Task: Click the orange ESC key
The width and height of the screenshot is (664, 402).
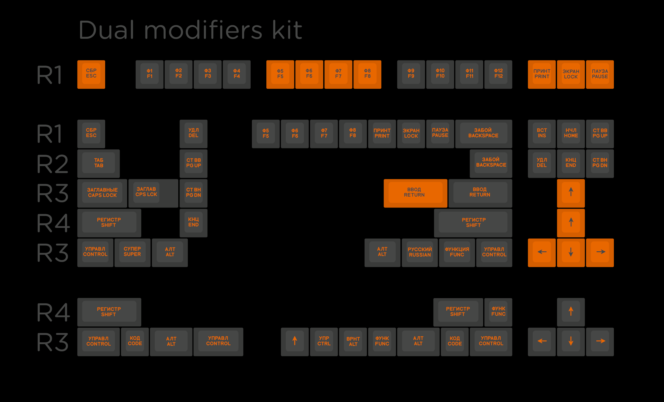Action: [x=91, y=74]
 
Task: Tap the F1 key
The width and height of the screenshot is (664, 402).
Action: [x=150, y=74]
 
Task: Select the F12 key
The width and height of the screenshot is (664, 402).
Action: [x=498, y=74]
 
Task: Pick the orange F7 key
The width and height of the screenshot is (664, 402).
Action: [x=338, y=74]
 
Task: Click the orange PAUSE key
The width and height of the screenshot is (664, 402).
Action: [x=600, y=74]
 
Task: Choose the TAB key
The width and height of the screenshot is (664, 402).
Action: [x=98, y=164]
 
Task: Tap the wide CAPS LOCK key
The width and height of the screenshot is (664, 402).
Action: [x=102, y=193]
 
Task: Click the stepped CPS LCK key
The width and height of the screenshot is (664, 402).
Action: [x=153, y=193]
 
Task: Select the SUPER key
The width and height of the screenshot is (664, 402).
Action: [x=132, y=253]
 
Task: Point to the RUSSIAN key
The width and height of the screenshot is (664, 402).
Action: [x=420, y=253]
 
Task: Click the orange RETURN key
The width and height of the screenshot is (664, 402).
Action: [x=415, y=193]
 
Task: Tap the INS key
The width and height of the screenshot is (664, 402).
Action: [x=542, y=134]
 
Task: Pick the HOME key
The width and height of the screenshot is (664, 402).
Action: [x=571, y=134]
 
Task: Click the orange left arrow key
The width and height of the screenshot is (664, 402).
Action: [x=542, y=253]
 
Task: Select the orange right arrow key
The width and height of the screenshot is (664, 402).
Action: [x=600, y=253]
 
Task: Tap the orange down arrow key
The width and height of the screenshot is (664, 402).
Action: [x=571, y=253]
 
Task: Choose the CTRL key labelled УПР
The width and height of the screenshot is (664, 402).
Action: [x=324, y=342]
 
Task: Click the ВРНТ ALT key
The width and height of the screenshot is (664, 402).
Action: [x=353, y=342]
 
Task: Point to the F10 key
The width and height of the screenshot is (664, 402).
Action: [x=440, y=74]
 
